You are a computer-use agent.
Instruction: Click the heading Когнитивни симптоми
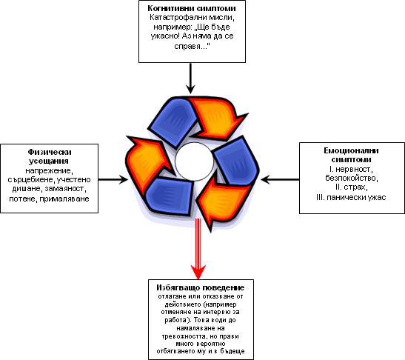pos(192,8)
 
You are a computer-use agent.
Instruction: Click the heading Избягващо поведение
pos(201,287)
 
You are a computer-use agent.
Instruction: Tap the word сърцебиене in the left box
pos(31,179)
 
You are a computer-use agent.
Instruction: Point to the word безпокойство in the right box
pos(352,178)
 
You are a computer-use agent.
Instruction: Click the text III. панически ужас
pos(351,198)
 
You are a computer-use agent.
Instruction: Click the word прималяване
pos(64,199)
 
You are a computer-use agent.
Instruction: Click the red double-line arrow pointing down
pos(198,249)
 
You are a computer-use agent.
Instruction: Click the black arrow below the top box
pos(190,79)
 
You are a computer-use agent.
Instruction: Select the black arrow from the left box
pos(113,179)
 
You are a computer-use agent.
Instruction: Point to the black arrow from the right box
pos(280,179)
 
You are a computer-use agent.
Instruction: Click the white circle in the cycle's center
pos(194,161)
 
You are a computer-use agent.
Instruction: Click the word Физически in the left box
pos(50,152)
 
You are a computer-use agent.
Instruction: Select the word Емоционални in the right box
pos(351,150)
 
